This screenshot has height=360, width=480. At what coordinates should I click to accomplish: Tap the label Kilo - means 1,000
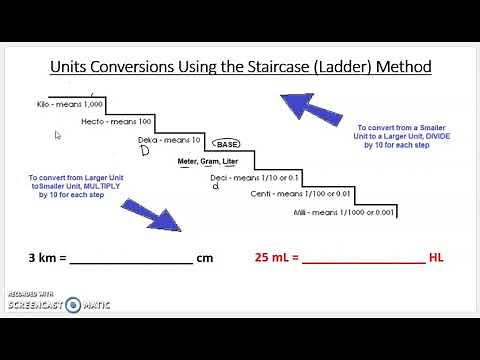click(x=56, y=103)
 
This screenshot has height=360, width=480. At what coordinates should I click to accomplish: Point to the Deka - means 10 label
click(x=169, y=140)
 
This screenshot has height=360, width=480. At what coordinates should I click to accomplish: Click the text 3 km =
click(x=47, y=258)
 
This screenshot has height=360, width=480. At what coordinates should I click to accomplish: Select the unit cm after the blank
click(x=205, y=258)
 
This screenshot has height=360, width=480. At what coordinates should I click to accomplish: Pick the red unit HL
click(x=436, y=257)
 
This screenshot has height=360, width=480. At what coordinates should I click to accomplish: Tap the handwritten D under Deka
click(x=144, y=152)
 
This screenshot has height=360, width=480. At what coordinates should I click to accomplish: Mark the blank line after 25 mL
click(x=363, y=261)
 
